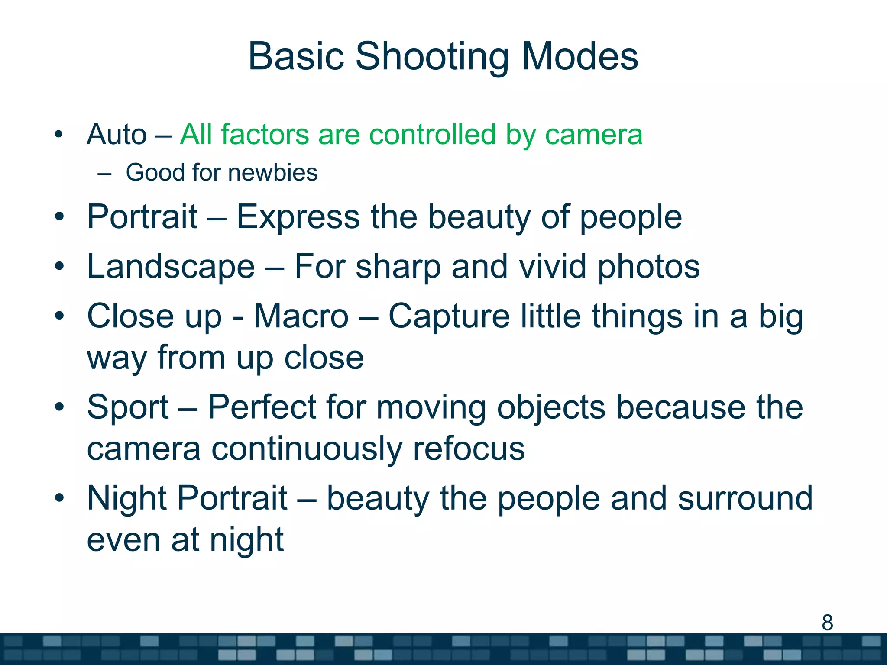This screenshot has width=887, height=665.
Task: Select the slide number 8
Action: (827, 623)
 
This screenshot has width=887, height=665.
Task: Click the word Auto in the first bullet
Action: (117, 135)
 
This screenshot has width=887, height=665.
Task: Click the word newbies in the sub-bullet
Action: (273, 173)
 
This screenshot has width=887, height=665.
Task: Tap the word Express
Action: (298, 217)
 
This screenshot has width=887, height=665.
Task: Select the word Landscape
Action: (171, 267)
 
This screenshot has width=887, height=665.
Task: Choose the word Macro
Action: (301, 316)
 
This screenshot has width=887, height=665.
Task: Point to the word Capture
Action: (449, 316)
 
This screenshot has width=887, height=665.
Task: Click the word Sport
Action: (128, 407)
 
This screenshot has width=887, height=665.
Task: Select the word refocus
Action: (469, 449)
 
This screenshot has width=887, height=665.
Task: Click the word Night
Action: (127, 498)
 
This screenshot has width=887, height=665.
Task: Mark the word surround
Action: (745, 498)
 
